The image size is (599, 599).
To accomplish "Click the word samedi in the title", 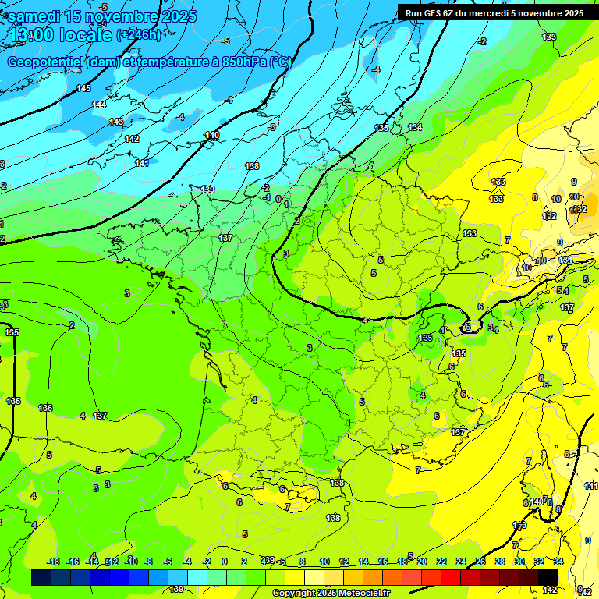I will [x=36, y=16].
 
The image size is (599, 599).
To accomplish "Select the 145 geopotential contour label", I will [x=83, y=88].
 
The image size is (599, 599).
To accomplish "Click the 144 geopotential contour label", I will [x=99, y=105].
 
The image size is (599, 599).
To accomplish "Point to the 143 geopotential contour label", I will [x=116, y=122].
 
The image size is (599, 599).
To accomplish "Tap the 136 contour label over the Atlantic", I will [x=45, y=408].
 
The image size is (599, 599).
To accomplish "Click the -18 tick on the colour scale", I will [x=54, y=562].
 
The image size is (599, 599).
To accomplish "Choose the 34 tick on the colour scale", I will [x=558, y=562].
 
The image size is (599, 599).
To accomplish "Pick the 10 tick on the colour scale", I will [x=324, y=562].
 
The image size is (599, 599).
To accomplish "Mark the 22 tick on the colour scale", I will [x=441, y=562].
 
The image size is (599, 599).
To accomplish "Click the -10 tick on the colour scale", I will [x=132, y=562].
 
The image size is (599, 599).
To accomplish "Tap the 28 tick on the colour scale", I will [x=500, y=562].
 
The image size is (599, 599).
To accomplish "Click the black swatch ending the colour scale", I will [x=548, y=577].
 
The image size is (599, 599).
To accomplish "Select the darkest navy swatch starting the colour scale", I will [x=41, y=577].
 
